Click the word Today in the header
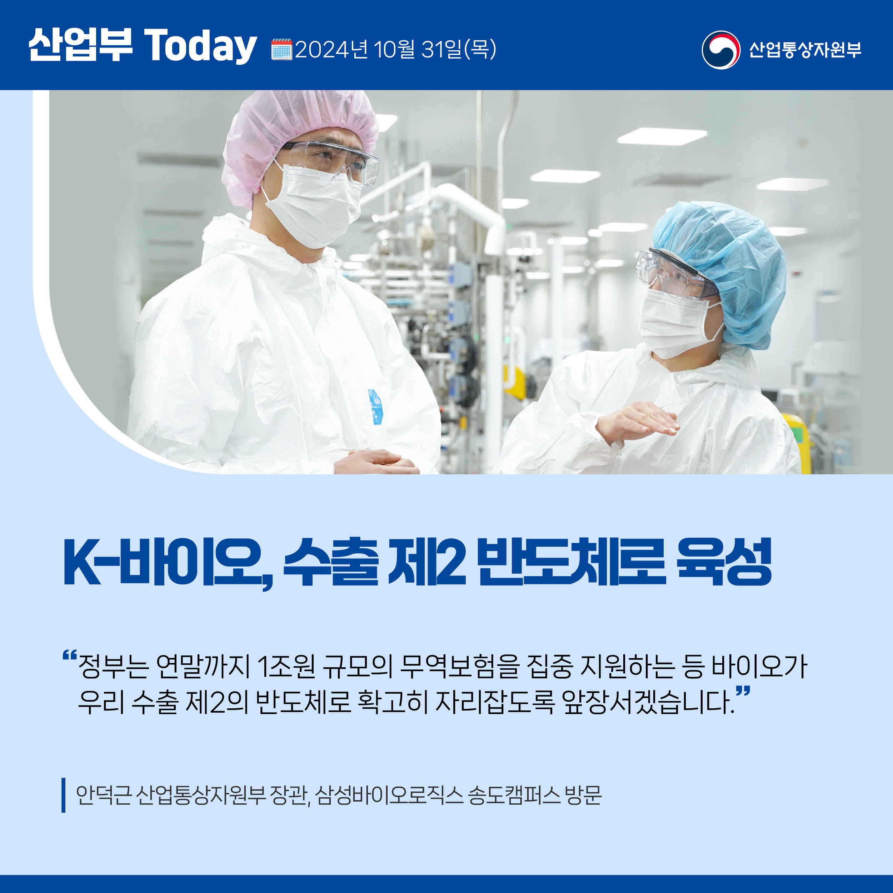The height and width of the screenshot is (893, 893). point(201,46)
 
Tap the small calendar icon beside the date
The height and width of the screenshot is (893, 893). point(281,49)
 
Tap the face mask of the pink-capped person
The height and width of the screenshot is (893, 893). point(312,203)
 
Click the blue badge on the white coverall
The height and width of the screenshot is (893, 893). point(375,407)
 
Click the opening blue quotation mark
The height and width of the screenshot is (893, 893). point(69,655)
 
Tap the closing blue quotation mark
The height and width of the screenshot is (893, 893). point(743,692)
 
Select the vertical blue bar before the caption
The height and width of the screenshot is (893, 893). point(63,795)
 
